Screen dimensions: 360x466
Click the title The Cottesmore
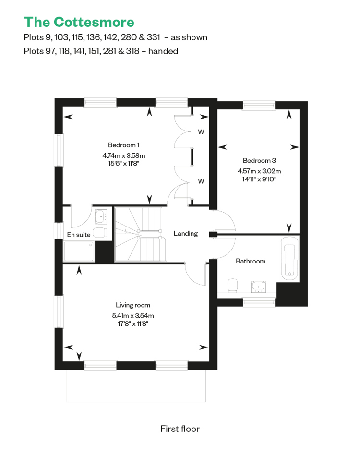point(79,22)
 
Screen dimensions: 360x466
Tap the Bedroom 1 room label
point(124,145)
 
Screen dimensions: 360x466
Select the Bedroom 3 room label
point(259,160)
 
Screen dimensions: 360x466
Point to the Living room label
point(133,305)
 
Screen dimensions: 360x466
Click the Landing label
point(185,234)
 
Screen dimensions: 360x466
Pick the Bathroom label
point(251,261)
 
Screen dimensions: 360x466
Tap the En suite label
point(79,235)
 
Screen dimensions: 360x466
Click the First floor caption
point(180,429)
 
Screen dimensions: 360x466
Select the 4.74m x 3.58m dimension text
point(124,155)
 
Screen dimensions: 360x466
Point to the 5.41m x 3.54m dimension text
point(133,316)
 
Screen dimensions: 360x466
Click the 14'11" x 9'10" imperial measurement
point(259,179)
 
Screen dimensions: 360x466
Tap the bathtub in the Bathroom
point(289,258)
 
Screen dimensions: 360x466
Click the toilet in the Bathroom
point(233,285)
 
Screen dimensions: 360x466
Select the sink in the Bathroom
point(258,287)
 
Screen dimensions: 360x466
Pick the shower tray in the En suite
point(79,251)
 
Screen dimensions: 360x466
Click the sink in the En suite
point(101,216)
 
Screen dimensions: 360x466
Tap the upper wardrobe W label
point(201,132)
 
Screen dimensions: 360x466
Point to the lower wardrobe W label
point(201,181)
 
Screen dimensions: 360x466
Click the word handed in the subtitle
point(163,51)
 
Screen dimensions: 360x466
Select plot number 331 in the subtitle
point(154,37)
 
